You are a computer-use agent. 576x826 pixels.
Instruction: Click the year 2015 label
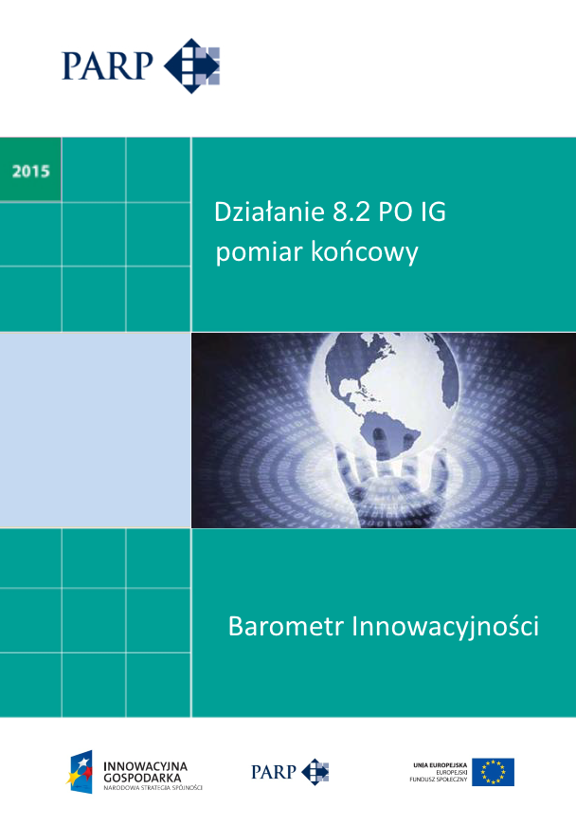coord(31,172)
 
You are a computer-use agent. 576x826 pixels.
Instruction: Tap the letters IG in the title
coord(432,212)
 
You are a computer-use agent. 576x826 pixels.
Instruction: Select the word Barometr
coord(285,627)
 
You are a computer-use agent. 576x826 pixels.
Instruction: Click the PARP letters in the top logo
coord(109,65)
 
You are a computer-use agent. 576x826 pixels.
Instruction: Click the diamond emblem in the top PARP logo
coord(192,65)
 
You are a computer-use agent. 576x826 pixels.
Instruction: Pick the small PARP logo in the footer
coord(290,771)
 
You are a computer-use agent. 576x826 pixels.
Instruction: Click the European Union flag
coord(493,772)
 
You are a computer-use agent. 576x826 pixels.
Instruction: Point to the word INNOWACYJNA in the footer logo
coord(145,764)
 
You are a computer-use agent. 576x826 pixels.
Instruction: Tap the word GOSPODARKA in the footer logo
coord(143,776)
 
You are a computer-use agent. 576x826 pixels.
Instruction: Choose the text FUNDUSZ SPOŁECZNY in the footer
coord(439,780)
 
